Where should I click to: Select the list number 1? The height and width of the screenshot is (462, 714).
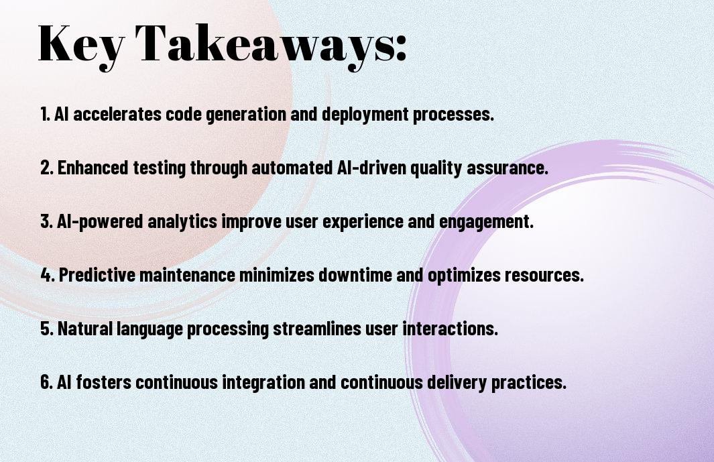tap(45, 114)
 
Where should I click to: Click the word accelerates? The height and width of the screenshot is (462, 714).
tap(117, 114)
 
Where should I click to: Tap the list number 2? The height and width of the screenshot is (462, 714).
tap(47, 168)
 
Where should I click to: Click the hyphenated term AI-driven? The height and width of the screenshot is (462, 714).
tap(372, 168)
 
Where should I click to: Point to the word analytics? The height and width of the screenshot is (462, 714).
tap(182, 222)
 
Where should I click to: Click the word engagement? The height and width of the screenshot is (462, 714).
tap(486, 222)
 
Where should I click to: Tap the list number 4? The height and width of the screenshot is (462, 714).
tap(48, 275)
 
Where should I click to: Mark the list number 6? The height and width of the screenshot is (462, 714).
tap(47, 382)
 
